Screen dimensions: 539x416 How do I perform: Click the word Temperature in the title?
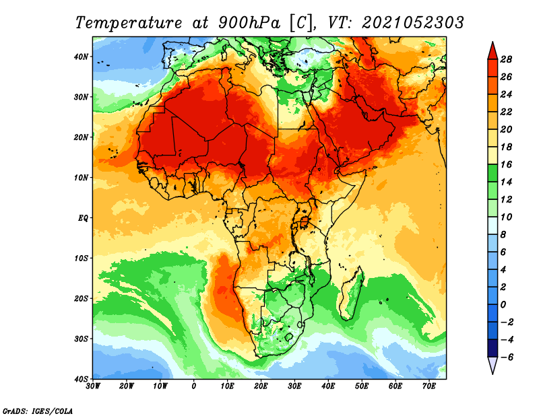pyautogui.click(x=129, y=23)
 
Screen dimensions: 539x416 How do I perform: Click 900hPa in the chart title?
pyautogui.click(x=249, y=23)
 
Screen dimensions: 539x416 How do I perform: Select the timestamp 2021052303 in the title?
pyautogui.click(x=413, y=23)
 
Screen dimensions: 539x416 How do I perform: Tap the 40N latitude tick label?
pyautogui.click(x=81, y=57)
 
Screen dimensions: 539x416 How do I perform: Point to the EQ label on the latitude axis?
pyautogui.click(x=83, y=218)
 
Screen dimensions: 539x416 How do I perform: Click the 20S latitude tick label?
pyautogui.click(x=81, y=298)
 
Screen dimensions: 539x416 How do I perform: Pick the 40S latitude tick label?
pyautogui.click(x=81, y=379)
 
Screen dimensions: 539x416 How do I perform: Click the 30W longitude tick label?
pyautogui.click(x=93, y=386)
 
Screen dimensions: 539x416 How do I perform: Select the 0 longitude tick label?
pyautogui.click(x=194, y=386)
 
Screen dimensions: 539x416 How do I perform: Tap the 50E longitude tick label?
pyautogui.click(x=362, y=386)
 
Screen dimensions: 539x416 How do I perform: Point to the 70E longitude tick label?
pyautogui.click(x=429, y=386)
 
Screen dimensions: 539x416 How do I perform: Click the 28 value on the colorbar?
pyautogui.click(x=506, y=59)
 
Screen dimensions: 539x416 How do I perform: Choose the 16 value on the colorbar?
pyautogui.click(x=506, y=164)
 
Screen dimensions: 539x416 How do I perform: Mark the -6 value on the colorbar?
pyautogui.click(x=507, y=357)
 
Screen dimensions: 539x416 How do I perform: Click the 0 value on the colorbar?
pyautogui.click(x=503, y=305)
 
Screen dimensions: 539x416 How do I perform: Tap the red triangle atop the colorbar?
pyautogui.click(x=493, y=50)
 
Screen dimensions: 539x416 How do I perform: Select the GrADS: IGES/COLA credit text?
pyautogui.click(x=38, y=411)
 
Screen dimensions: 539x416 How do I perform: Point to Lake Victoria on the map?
pyautogui.click(x=305, y=222)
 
